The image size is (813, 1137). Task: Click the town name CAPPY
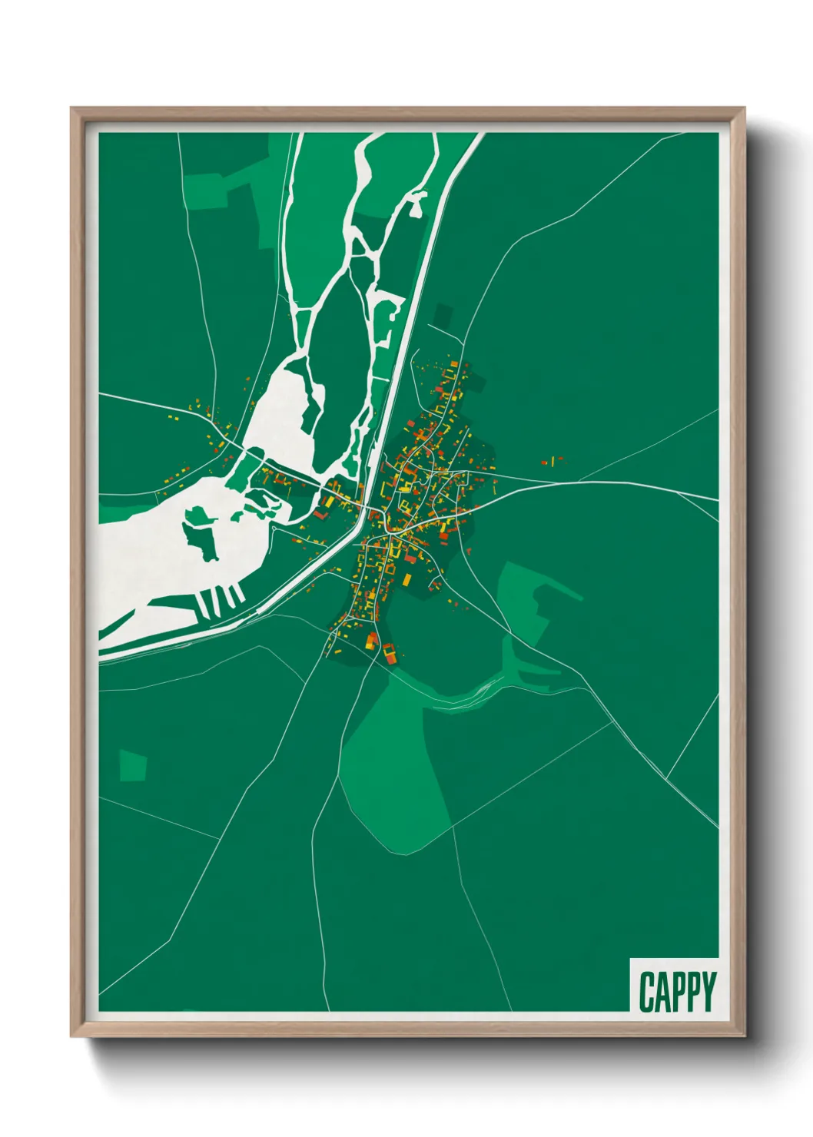[677, 992]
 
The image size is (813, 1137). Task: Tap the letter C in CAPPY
[646, 992]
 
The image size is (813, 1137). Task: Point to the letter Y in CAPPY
[708, 992]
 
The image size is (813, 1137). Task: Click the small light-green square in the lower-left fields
[133, 765]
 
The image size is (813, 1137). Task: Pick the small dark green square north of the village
[443, 315]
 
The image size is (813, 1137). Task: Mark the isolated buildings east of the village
[552, 461]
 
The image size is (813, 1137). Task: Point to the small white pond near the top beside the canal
[418, 203]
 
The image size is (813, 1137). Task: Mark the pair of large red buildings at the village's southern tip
[380, 648]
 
